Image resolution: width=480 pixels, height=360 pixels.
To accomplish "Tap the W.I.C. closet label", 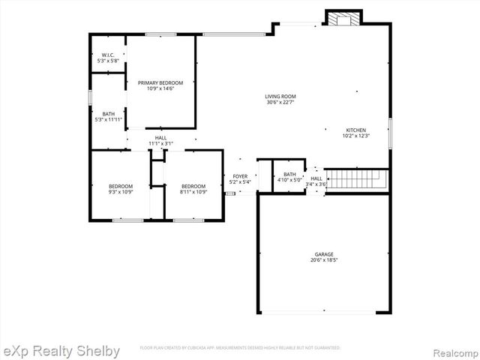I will (107, 55).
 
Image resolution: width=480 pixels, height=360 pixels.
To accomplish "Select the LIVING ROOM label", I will (280, 96).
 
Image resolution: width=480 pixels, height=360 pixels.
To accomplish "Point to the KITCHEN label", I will (355, 130).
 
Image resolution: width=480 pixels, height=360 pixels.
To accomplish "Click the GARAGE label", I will (324, 254).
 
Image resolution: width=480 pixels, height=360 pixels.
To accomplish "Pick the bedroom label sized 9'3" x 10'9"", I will (120, 186).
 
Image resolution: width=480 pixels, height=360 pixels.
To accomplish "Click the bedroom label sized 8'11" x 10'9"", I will (193, 186).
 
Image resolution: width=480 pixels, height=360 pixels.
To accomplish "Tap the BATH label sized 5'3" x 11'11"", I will (109, 114).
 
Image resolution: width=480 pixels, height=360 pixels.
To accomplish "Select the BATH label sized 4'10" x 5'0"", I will (289, 174).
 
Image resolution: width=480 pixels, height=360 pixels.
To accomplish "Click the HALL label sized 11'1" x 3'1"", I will (160, 138).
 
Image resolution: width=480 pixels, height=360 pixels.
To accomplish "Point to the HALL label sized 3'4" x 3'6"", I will (316, 178).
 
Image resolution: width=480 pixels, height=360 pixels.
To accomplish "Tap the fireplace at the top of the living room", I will (343, 18).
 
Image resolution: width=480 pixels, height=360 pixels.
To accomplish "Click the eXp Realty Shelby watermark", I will (61, 350).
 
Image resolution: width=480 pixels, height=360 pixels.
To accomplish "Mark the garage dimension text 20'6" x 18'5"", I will (324, 261).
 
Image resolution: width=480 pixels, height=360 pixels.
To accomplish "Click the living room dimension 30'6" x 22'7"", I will (280, 103).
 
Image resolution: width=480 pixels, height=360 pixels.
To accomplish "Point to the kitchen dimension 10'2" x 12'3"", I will (355, 136).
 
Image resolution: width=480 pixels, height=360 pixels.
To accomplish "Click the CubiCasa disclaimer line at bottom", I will (240, 348).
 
